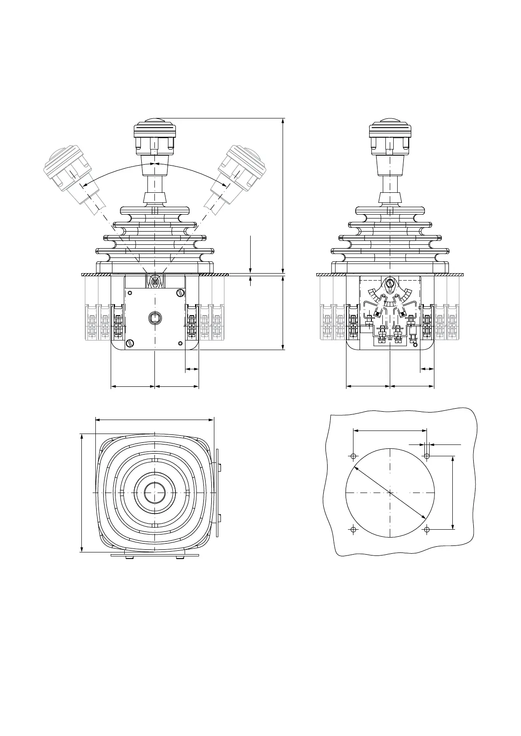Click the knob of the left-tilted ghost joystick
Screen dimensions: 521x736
point(66,168)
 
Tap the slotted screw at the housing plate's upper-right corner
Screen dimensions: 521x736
point(179,293)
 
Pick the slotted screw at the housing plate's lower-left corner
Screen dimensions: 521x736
point(129,344)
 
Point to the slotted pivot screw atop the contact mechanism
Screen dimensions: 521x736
point(390,284)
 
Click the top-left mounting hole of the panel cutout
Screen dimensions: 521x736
point(353,456)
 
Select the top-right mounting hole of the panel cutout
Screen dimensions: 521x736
point(427,456)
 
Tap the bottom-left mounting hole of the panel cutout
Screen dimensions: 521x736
point(353,530)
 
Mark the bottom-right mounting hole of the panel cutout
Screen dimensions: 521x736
point(427,530)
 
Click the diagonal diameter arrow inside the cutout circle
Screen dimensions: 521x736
point(390,493)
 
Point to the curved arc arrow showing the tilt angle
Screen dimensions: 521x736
point(154,163)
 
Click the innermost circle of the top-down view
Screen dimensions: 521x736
point(155,493)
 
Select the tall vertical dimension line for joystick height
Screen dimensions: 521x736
point(283,197)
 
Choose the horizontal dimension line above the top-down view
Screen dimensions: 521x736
point(154,420)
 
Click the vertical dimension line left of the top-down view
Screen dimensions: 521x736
point(82,493)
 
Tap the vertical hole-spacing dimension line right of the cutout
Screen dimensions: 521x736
point(453,493)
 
